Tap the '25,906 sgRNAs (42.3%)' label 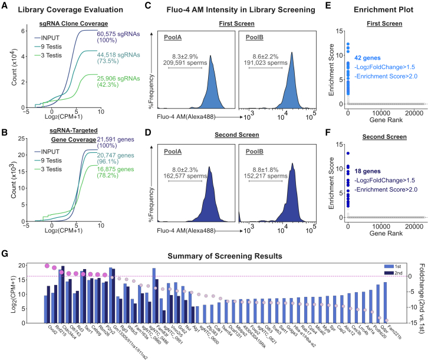[117, 77]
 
